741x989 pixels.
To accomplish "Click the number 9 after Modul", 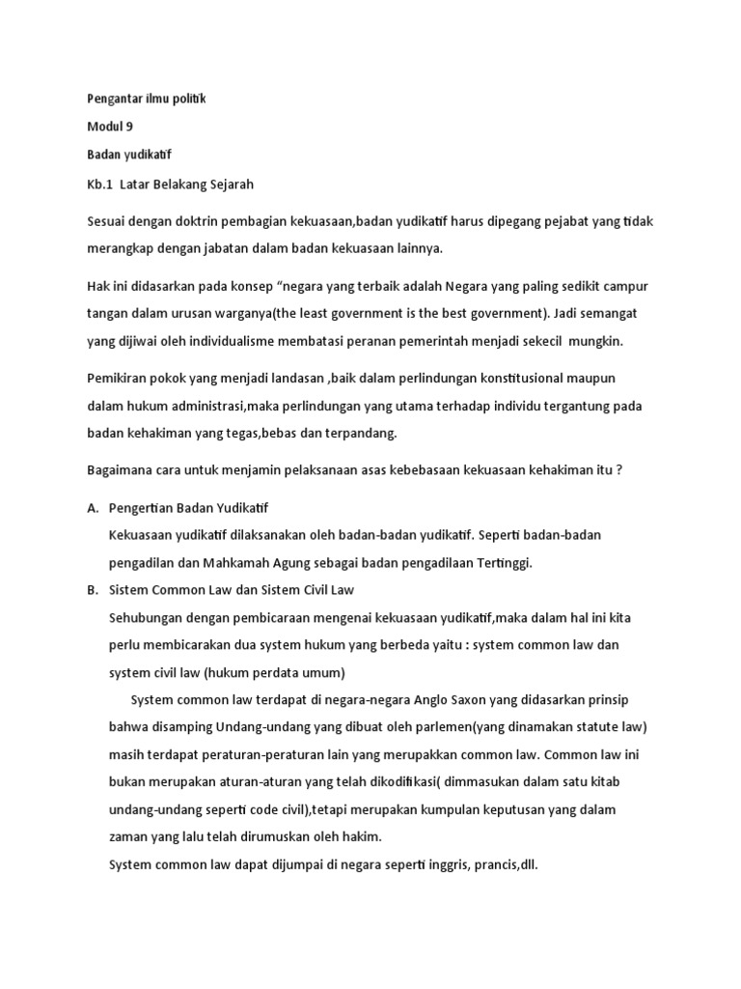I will tap(129, 127).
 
